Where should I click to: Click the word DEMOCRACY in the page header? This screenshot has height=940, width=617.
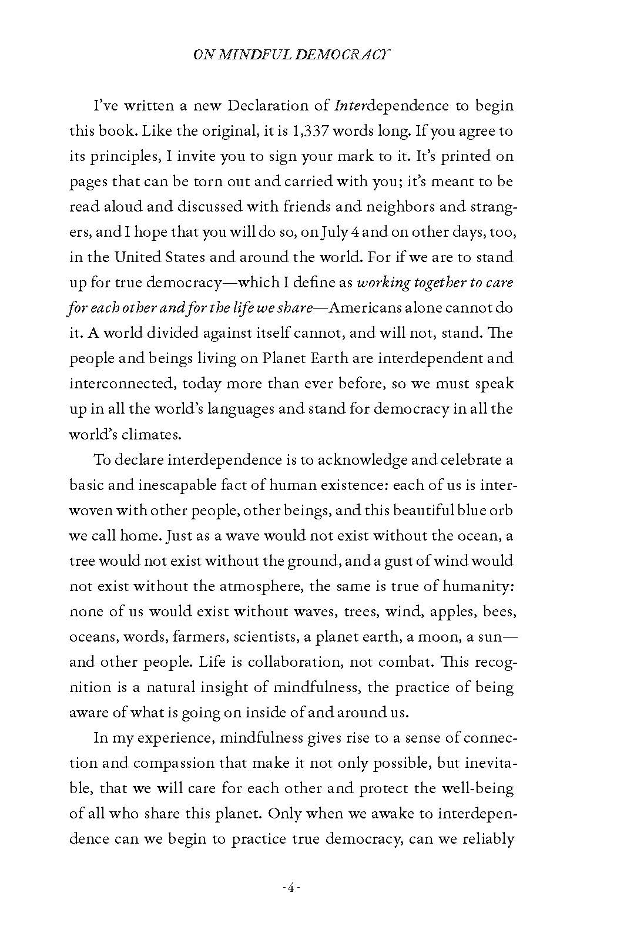pyautogui.click(x=341, y=55)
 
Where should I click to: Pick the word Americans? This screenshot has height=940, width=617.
pyautogui.click(x=385, y=308)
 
